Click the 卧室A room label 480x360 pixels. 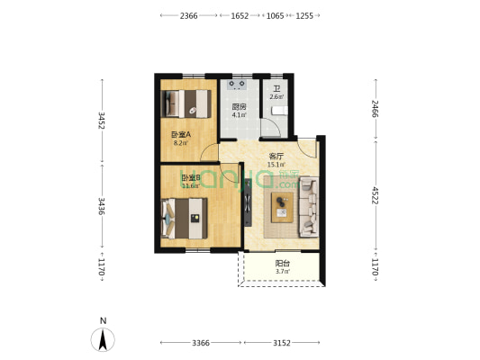181,134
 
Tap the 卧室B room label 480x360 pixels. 190,177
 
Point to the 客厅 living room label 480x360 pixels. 276,156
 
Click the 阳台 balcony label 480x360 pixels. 282,263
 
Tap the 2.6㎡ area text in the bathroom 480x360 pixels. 276,97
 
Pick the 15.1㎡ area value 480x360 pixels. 276,165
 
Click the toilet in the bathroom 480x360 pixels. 278,109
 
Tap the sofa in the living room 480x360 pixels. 309,206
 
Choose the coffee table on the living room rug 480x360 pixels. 285,206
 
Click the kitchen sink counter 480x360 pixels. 239,85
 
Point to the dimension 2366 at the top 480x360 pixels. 188,16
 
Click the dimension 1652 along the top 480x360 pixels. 240,16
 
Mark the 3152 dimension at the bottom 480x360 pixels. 282,343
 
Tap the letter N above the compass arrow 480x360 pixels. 104,320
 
